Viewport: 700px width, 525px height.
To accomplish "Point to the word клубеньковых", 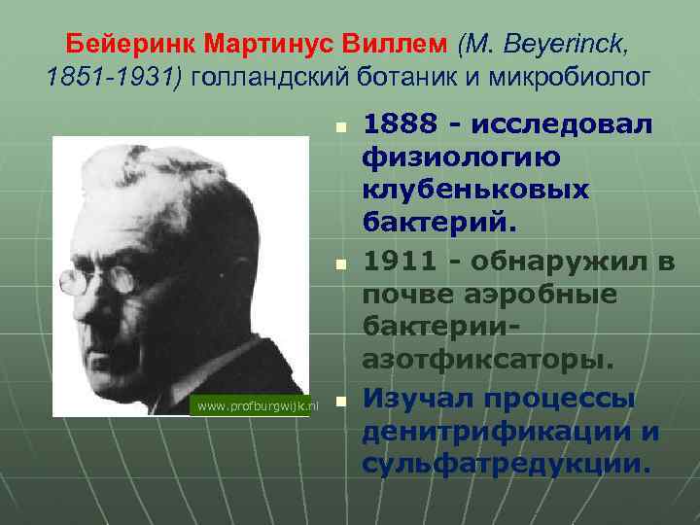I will tap(476, 190).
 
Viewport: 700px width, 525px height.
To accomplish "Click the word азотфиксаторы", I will tap(488, 360).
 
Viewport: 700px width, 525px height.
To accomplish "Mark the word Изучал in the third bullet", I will tap(416, 398).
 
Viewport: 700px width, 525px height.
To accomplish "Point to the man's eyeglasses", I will tap(97, 280).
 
